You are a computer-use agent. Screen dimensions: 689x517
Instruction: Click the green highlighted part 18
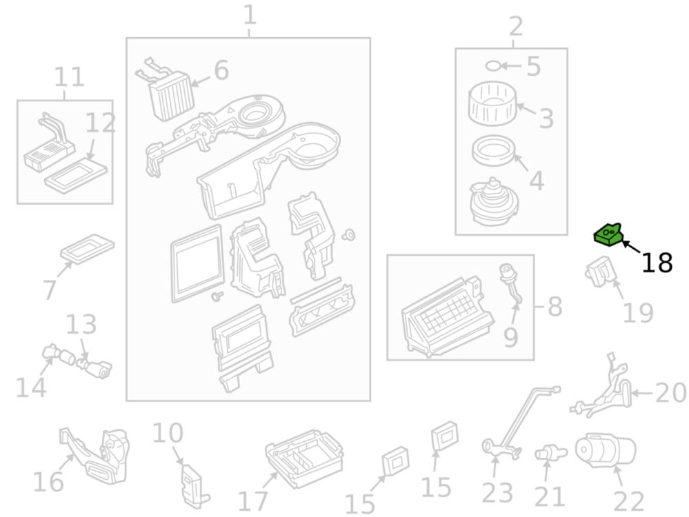(x=608, y=234)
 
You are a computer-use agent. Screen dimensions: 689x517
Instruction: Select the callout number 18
(x=657, y=263)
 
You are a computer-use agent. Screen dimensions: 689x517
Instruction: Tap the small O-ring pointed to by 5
(x=492, y=66)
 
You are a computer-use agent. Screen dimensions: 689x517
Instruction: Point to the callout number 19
(x=639, y=312)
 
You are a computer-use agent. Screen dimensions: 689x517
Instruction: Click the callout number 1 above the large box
(x=250, y=14)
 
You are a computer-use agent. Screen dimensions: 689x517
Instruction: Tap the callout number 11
(x=69, y=77)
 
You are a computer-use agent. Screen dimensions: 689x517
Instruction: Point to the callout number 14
(x=30, y=387)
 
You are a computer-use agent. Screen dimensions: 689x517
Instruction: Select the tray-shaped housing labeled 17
(x=304, y=458)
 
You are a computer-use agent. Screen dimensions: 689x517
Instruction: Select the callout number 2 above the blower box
(x=516, y=26)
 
